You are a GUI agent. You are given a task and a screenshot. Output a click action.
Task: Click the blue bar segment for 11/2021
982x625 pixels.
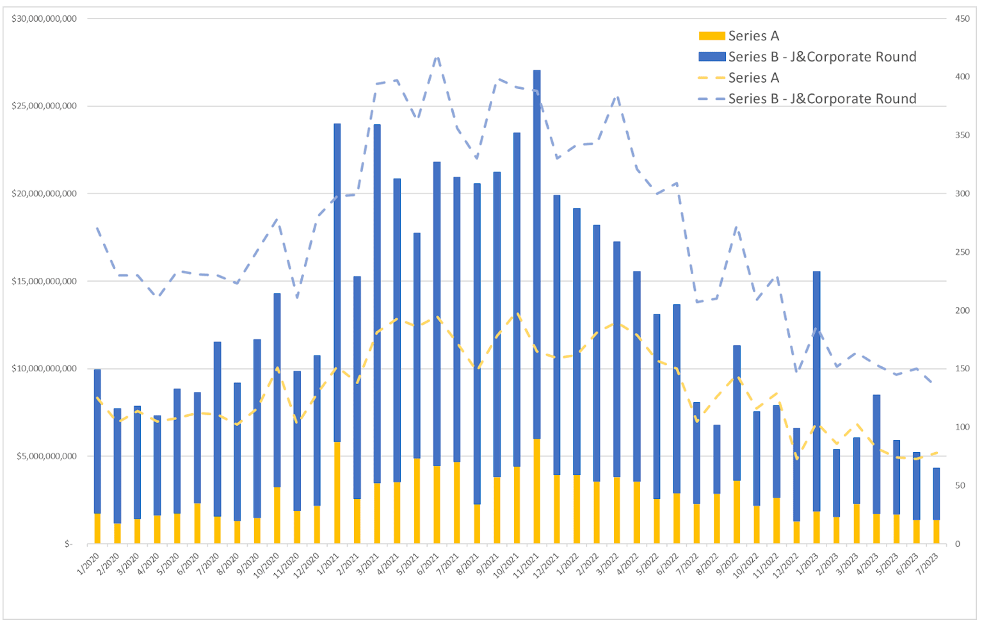pyautogui.click(x=536, y=254)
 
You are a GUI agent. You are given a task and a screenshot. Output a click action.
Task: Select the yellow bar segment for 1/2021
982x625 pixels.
pyautogui.click(x=337, y=492)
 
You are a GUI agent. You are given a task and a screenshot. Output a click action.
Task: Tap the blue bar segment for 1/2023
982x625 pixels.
pyautogui.click(x=816, y=391)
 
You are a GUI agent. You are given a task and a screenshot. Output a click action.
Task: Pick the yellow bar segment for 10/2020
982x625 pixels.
pyautogui.click(x=277, y=515)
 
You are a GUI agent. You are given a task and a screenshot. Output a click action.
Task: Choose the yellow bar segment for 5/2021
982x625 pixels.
pyautogui.click(x=417, y=500)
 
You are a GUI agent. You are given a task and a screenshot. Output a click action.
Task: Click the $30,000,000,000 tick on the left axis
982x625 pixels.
pyautogui.click(x=44, y=19)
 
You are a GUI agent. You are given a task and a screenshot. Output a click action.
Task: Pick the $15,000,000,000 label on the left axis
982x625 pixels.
pyautogui.click(x=44, y=281)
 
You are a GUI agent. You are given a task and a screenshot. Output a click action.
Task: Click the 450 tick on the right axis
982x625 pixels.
pyautogui.click(x=962, y=19)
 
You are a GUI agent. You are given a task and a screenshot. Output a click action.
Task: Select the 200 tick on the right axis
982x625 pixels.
pyautogui.click(x=962, y=311)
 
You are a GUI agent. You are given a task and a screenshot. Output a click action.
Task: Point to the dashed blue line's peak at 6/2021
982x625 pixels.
pyautogui.click(x=437, y=57)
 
